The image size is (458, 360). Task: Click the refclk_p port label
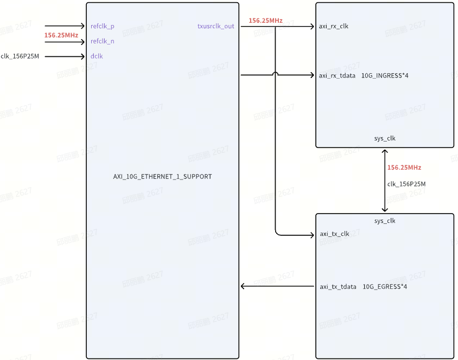point(102,26)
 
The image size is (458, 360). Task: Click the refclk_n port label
point(102,41)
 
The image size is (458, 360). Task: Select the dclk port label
point(97,56)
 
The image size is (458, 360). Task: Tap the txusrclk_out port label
point(216,26)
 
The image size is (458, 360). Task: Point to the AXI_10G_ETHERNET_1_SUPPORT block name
point(162,177)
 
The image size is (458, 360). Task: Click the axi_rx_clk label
point(334,26)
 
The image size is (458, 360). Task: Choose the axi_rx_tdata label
point(338,75)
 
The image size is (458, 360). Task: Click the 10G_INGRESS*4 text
point(385,75)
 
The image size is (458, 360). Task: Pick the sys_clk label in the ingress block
point(385,138)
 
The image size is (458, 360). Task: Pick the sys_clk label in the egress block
point(385,221)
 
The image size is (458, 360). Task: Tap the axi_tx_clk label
point(334,234)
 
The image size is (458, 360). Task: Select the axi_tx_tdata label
point(338,286)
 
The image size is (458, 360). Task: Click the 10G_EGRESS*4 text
point(385,286)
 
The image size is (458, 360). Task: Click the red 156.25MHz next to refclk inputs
point(61,35)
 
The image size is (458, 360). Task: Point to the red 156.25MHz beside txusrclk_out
point(265,21)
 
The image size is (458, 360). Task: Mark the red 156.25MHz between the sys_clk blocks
point(404,168)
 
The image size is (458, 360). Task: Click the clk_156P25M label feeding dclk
point(20,56)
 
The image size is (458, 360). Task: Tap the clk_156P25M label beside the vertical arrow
point(406,184)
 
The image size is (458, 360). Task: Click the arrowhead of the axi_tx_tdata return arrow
point(244,286)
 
